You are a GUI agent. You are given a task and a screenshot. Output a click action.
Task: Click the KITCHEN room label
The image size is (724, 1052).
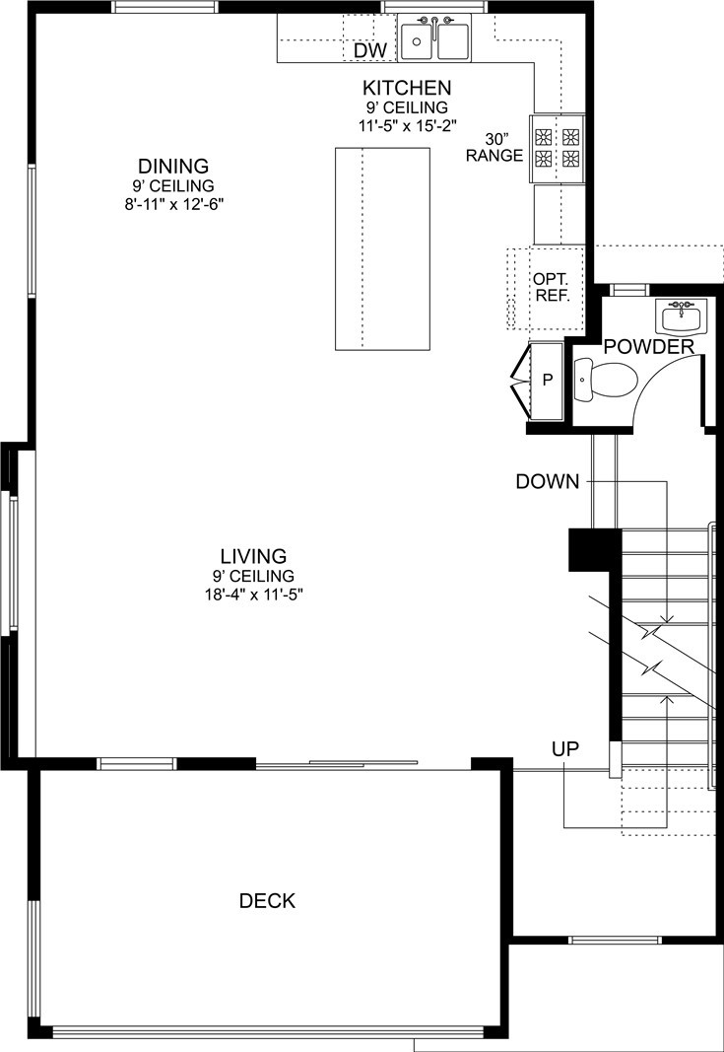407,88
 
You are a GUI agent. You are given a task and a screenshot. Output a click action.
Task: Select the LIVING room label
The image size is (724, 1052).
253,556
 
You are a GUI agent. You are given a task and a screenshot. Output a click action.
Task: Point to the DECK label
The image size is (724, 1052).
268,900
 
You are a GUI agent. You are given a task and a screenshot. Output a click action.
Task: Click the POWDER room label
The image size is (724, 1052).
649,347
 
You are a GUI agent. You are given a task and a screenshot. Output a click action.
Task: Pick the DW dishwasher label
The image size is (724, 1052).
370,50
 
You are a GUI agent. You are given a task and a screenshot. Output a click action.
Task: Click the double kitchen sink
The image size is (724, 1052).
435,39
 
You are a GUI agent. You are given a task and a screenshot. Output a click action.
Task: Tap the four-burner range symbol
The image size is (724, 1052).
558,148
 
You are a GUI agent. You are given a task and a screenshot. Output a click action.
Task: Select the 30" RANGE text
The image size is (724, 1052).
494,148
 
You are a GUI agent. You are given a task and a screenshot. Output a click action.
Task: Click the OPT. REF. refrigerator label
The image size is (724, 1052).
551,287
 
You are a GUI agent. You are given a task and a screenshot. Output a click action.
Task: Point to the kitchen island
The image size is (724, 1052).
382,248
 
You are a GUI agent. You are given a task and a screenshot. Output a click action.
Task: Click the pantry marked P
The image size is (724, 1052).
547,381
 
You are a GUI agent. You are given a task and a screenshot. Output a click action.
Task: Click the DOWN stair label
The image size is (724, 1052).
547,482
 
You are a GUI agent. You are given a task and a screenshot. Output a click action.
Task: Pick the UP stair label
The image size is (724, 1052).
565,748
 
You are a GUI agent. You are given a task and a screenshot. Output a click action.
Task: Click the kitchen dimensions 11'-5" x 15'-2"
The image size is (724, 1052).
407,125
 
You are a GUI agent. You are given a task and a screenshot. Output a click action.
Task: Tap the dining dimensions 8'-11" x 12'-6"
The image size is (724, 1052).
173,204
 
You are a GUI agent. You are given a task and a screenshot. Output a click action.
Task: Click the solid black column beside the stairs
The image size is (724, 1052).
593,549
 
